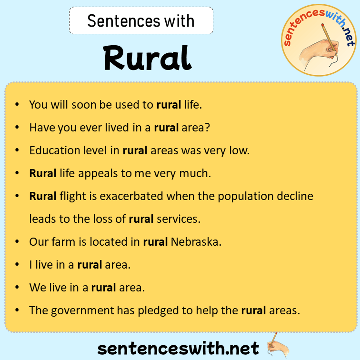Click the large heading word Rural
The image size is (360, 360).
pos(147,58)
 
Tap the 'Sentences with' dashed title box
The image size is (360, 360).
pos(141,21)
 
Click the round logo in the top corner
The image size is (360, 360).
pos(319,39)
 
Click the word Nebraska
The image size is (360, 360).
pos(195,241)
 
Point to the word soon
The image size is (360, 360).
pos(83,104)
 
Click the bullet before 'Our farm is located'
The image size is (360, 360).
pos(17,241)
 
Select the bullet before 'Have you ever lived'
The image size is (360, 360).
pos(17,128)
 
